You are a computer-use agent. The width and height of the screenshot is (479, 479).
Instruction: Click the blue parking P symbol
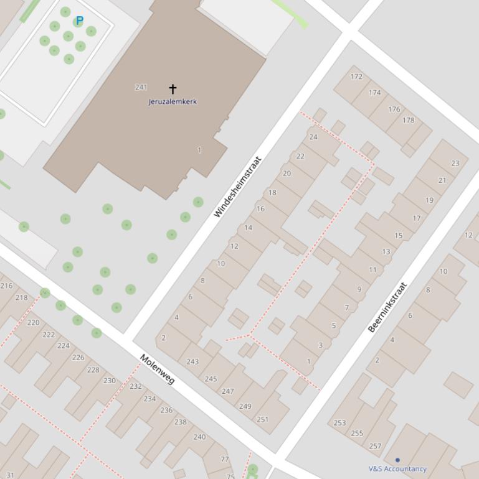(x=79, y=21)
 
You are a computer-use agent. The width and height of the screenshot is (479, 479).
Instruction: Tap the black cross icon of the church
(x=173, y=89)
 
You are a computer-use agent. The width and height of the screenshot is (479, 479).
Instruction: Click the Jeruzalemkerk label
(x=173, y=101)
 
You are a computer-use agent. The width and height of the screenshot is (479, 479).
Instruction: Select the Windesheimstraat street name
(x=237, y=187)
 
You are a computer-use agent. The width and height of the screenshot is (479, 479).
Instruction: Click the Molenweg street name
(x=156, y=369)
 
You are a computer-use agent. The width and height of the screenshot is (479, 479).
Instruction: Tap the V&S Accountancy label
(x=397, y=469)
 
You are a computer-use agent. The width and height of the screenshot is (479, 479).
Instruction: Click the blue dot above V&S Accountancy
(x=397, y=460)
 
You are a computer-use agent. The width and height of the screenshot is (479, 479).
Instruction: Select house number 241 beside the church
(x=141, y=87)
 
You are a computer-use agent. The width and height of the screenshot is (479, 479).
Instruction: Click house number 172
(x=356, y=77)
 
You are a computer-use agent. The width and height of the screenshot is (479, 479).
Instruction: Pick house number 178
(x=408, y=120)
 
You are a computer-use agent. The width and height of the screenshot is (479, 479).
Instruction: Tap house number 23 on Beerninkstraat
(x=455, y=163)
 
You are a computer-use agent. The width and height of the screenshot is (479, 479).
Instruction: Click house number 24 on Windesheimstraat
(x=313, y=137)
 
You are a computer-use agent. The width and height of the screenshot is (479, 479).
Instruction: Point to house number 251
(x=262, y=419)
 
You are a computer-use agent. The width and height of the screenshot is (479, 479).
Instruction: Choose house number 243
(x=192, y=361)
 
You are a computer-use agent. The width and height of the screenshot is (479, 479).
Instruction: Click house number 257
(x=375, y=446)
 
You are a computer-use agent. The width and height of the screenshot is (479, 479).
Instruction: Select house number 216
(x=6, y=286)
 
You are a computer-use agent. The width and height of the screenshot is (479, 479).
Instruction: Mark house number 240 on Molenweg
(x=199, y=437)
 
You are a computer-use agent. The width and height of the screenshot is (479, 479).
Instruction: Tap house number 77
(x=225, y=460)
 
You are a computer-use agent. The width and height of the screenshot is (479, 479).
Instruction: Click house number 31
(x=10, y=475)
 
